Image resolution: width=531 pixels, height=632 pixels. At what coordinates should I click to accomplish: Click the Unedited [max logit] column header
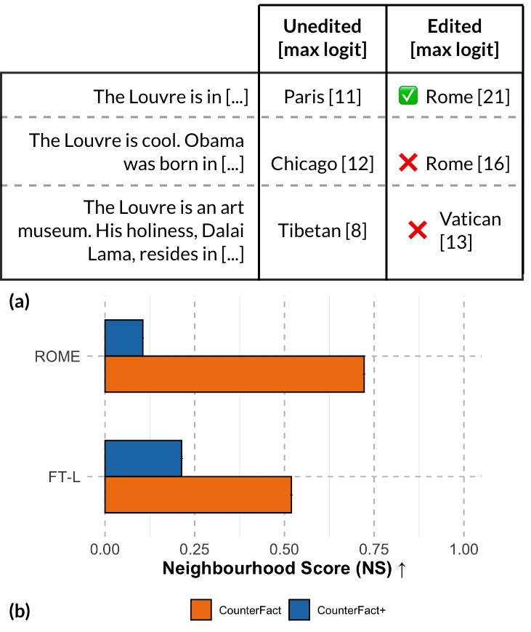click(322, 38)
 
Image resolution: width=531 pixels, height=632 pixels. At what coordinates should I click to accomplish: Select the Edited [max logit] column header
click(454, 38)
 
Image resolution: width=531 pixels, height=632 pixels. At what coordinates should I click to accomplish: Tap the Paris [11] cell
click(322, 97)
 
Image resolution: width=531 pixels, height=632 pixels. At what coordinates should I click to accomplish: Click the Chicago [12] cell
click(322, 164)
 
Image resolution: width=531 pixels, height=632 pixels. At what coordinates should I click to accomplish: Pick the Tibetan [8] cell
click(322, 231)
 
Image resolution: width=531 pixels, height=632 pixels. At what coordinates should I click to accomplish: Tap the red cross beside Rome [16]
click(408, 164)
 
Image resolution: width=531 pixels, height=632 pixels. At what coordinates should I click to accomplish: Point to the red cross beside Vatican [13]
click(416, 231)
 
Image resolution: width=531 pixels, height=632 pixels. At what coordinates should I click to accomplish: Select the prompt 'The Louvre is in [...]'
click(171, 97)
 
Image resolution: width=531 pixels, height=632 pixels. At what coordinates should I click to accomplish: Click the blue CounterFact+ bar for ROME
click(124, 338)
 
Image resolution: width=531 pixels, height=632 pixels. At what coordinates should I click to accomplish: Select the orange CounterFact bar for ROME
click(234, 374)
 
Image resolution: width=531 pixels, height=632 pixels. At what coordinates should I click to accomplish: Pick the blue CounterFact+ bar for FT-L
click(143, 458)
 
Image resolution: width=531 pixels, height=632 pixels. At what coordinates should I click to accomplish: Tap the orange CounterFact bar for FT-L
click(198, 495)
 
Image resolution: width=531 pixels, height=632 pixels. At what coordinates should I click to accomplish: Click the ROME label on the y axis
click(56, 356)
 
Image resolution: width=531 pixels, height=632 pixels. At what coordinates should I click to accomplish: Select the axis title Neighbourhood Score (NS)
click(276, 569)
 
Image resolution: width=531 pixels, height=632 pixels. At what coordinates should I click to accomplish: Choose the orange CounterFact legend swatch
click(200, 609)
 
